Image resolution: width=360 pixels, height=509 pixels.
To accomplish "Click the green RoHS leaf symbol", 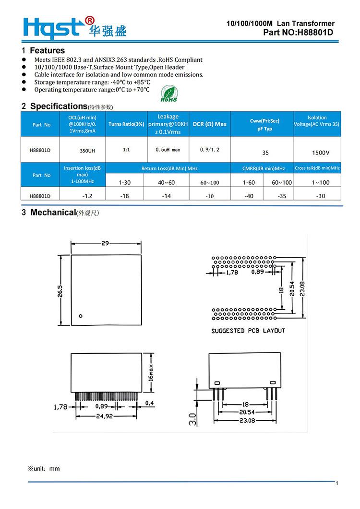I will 168,94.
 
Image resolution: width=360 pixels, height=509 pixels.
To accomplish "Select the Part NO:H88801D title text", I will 298,32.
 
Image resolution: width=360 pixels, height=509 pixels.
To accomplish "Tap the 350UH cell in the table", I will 87,151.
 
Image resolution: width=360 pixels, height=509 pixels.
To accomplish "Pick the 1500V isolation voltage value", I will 320,153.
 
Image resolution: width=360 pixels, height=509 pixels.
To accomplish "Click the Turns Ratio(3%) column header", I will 126,124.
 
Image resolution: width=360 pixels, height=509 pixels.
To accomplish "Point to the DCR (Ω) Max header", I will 210,124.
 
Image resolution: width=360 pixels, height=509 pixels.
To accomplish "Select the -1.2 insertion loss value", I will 87,196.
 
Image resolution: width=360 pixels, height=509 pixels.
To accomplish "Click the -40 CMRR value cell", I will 249,196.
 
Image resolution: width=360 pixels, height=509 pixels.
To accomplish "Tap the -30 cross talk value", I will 320,196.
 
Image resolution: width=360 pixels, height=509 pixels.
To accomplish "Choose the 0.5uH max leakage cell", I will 168,150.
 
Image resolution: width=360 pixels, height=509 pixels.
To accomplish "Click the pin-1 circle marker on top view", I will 81,316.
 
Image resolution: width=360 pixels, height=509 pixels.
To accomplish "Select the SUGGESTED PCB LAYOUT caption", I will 248,331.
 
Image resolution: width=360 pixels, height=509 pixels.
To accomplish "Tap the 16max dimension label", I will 150,372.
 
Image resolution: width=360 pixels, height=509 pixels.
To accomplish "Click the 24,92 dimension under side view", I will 104,416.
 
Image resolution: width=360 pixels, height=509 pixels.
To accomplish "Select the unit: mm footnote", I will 45,468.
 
